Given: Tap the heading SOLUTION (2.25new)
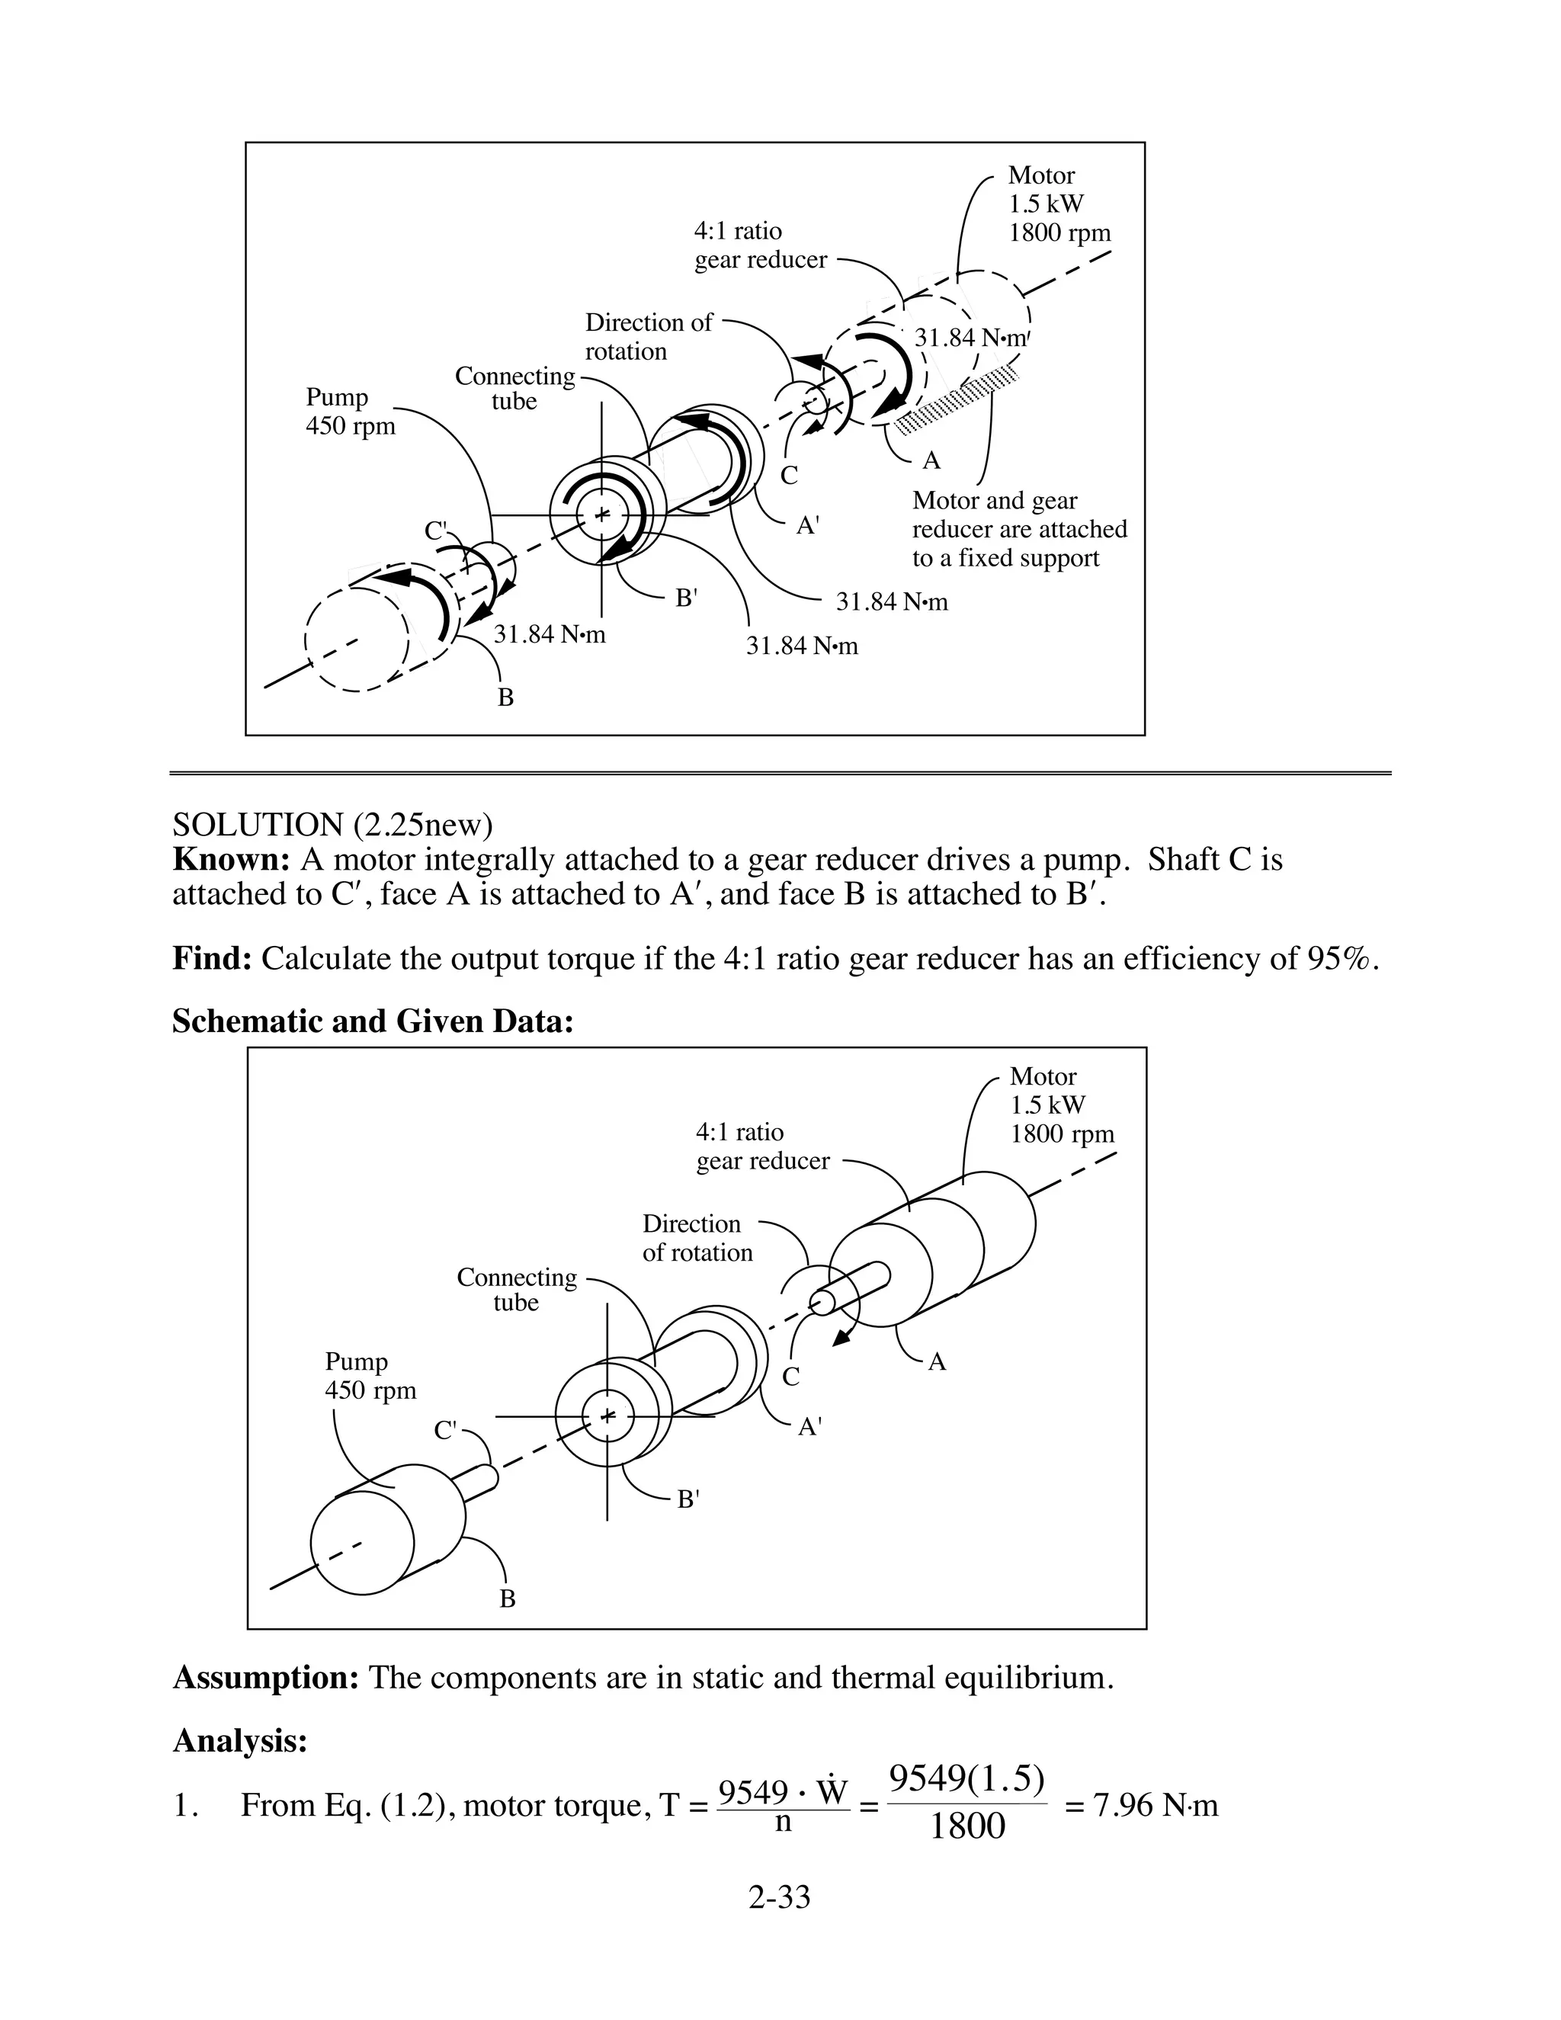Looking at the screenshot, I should click(333, 824).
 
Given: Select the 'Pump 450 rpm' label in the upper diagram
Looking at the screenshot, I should click(351, 412).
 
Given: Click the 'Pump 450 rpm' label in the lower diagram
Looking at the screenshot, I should click(370, 1376).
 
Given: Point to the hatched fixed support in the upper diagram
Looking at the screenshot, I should click(958, 399).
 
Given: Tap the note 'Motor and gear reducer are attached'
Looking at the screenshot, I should click(1019, 529).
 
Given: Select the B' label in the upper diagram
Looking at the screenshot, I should click(685, 598).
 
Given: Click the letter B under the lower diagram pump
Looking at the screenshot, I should click(508, 1599).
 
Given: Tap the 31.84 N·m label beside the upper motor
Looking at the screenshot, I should click(970, 338).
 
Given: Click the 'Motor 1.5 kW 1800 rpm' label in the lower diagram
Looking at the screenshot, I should click(1061, 1105).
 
